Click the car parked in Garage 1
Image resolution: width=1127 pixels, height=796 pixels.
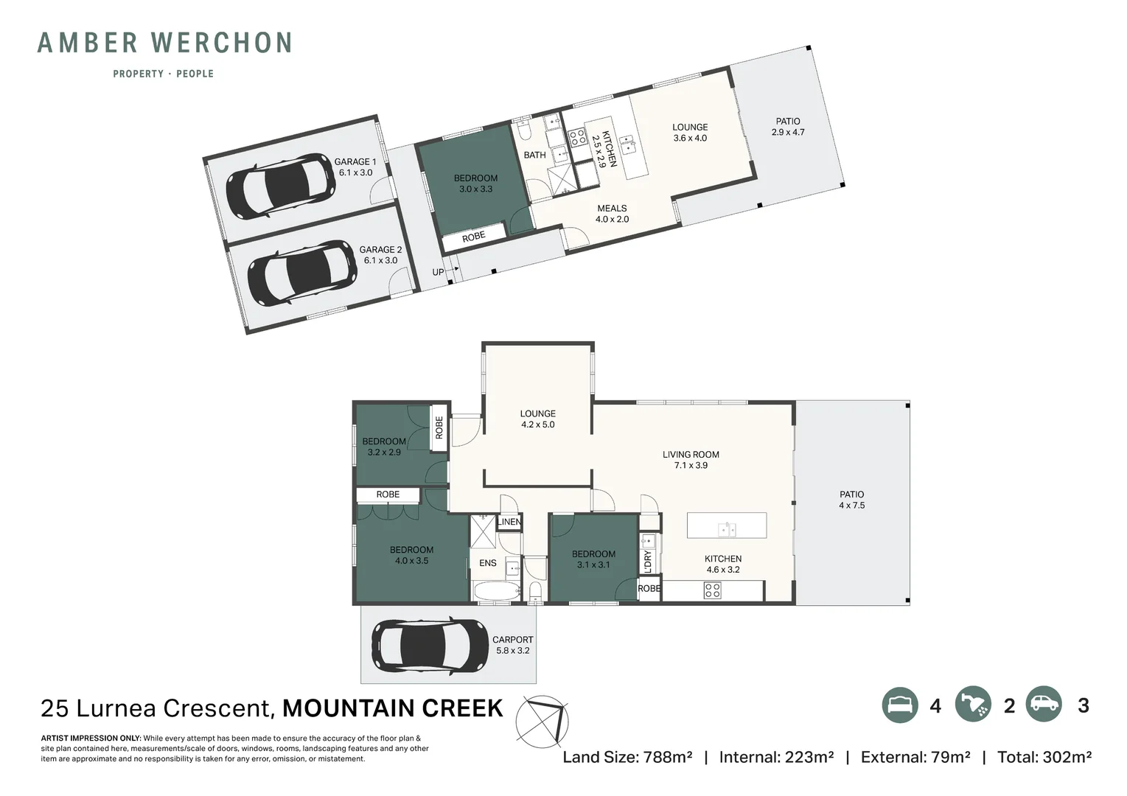(280, 186)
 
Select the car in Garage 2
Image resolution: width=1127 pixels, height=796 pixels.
(302, 273)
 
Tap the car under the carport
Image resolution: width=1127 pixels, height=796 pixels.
(430, 646)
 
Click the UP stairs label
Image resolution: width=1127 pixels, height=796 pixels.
(438, 272)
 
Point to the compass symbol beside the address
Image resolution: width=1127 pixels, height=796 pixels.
(542, 722)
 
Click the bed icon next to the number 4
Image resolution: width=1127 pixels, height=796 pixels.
(900, 705)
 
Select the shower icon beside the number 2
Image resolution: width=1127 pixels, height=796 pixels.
(973, 705)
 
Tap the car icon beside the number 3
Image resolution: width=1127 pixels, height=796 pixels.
(1044, 704)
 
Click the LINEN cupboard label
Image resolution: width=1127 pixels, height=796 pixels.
(509, 522)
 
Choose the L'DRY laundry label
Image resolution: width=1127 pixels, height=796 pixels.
(647, 561)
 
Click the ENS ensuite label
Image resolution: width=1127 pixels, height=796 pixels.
(487, 563)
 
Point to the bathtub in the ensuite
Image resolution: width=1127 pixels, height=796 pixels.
(498, 591)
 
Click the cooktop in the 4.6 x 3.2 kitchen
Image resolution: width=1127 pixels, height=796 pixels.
(712, 590)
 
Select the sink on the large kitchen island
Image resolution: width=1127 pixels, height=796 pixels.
(727, 529)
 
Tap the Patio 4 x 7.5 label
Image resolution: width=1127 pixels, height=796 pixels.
(852, 500)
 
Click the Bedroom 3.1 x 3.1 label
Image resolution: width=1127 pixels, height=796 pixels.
(593, 559)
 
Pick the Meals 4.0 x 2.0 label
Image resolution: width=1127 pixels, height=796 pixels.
(612, 213)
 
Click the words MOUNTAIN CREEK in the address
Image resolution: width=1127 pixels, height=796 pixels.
(392, 708)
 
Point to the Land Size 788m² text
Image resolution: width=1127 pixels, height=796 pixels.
(627, 757)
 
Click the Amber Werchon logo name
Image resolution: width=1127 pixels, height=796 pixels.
(164, 43)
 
